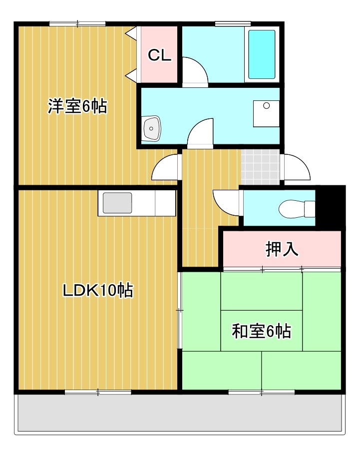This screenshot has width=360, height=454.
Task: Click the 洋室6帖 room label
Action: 77,106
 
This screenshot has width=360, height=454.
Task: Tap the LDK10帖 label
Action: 97,290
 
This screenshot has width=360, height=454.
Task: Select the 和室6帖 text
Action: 261,331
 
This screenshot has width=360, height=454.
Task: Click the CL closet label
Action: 159,55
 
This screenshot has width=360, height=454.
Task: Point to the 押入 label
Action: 282,249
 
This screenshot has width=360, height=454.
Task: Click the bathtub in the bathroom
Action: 262,54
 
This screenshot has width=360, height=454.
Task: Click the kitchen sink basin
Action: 117,203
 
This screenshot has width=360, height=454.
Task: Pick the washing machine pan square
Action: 266,113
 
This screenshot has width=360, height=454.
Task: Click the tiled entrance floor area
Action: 260,167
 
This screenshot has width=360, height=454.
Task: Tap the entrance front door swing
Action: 298,167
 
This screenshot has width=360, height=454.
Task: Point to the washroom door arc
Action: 201,133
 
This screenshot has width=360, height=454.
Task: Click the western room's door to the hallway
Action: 165,168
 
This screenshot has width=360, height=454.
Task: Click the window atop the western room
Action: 77,23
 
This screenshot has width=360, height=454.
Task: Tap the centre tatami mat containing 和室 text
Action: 261,331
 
